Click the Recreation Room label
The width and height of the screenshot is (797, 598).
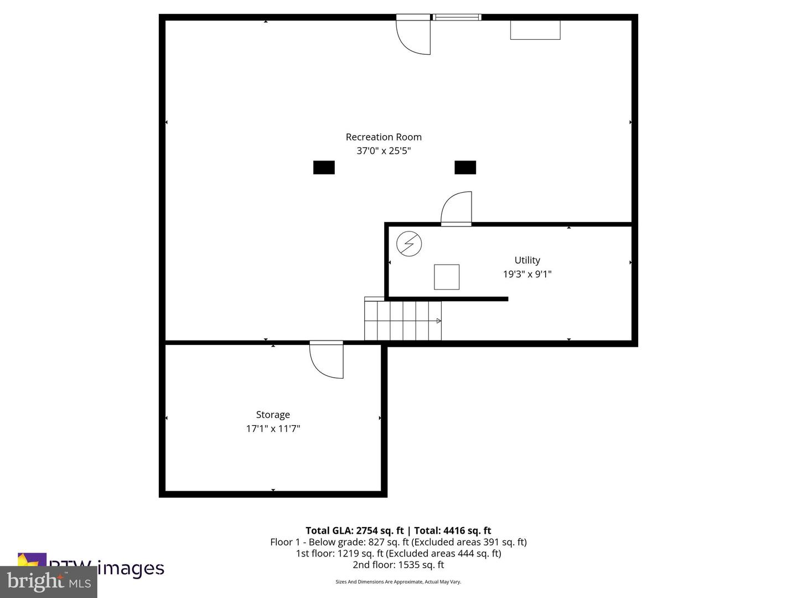384,137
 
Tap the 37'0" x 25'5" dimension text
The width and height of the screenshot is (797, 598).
384,151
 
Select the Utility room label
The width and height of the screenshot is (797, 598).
527,260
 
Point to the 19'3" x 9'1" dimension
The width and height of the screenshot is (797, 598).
527,274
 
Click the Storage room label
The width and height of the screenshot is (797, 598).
273,415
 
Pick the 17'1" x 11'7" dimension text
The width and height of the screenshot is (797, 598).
273,429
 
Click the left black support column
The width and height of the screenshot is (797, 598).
324,167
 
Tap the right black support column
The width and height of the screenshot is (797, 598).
465,167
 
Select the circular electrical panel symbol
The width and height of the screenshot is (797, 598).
409,244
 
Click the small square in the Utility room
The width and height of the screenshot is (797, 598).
446,277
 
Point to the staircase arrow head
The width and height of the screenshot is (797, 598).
438,321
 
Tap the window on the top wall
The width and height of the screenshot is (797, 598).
457,17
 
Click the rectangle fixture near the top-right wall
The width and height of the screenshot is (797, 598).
535,30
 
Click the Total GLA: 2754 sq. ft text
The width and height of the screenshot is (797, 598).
354,530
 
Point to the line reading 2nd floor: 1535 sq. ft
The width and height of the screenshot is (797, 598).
398,565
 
